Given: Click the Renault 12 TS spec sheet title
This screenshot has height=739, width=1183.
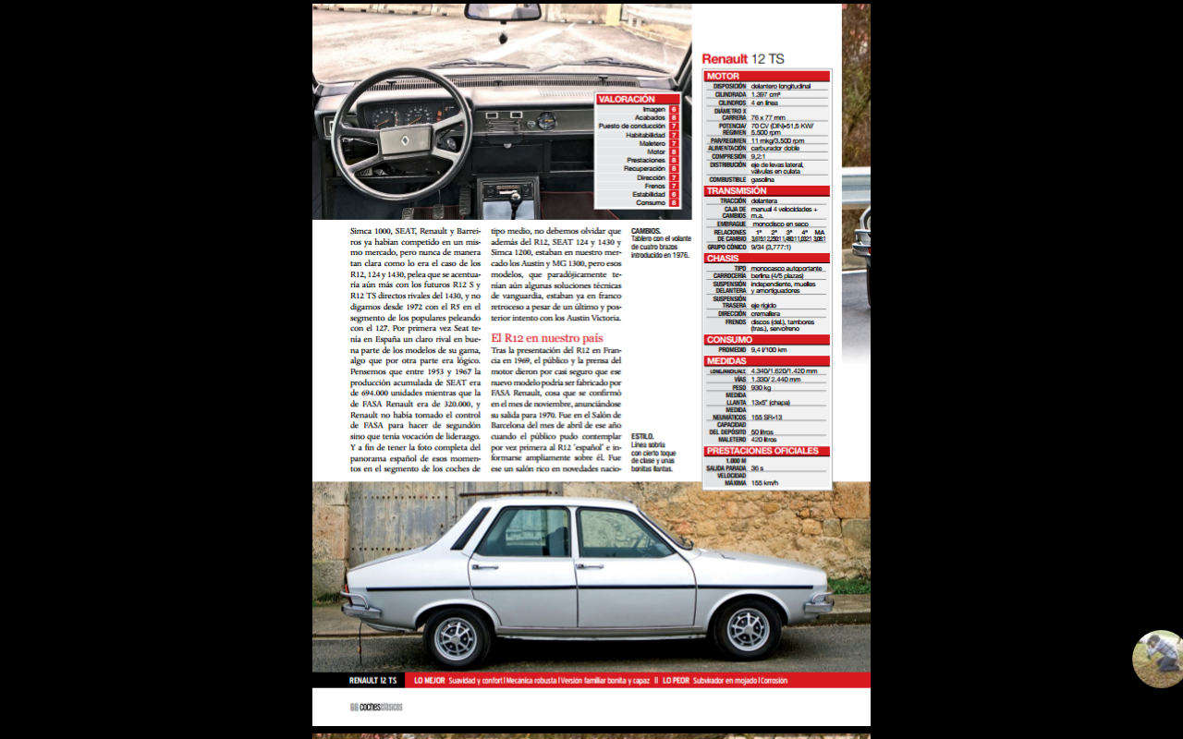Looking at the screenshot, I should (742, 59).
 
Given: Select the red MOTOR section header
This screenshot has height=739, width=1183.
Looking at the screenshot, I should (723, 77).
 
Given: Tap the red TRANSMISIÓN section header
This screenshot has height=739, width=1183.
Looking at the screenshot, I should (737, 191).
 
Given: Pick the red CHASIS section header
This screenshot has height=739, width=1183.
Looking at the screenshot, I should (723, 259).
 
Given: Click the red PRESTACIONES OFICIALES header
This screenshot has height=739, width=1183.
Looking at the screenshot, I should (762, 451).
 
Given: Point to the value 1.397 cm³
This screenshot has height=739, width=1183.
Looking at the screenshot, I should (766, 94).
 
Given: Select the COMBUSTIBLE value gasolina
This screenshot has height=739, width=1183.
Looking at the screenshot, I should (762, 179).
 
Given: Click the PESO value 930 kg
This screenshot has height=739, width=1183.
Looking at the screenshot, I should (762, 388).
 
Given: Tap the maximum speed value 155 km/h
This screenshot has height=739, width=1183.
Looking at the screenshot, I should (764, 482).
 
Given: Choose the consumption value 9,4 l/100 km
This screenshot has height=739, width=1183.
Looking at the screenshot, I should (769, 350).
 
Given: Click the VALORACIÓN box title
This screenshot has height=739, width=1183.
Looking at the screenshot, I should (627, 99).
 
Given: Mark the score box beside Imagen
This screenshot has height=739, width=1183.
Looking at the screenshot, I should (674, 110).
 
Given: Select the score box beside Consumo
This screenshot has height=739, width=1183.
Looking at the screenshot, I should (674, 203).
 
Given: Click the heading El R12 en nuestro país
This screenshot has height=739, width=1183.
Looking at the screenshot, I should (547, 338).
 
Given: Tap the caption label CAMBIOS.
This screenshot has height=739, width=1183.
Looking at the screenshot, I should (646, 231).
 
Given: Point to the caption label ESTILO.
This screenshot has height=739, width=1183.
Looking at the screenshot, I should (642, 436).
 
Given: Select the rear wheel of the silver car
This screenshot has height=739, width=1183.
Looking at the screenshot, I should (456, 636).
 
